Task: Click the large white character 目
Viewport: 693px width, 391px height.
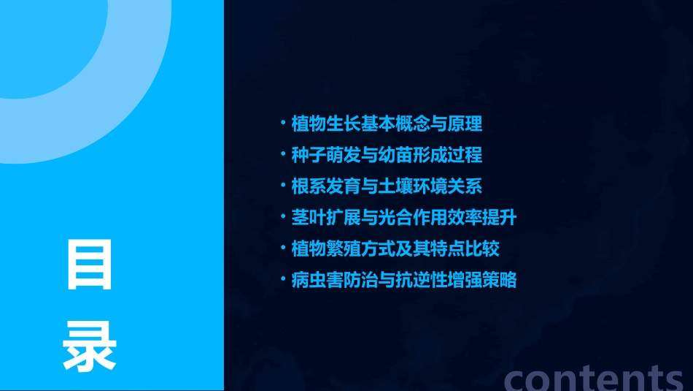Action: click(x=90, y=264)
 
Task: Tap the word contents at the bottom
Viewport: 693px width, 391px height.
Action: click(x=594, y=377)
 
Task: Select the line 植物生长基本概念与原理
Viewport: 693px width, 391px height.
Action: click(x=386, y=124)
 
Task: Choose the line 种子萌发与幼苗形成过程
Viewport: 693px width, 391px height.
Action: click(x=386, y=155)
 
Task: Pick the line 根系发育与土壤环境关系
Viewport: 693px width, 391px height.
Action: click(x=386, y=186)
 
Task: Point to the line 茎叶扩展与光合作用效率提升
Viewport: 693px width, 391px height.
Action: click(x=403, y=217)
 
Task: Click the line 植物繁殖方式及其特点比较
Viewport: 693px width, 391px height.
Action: click(x=395, y=248)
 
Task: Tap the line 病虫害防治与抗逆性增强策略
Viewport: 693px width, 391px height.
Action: click(x=403, y=280)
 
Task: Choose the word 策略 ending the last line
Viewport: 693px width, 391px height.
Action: click(x=500, y=280)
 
